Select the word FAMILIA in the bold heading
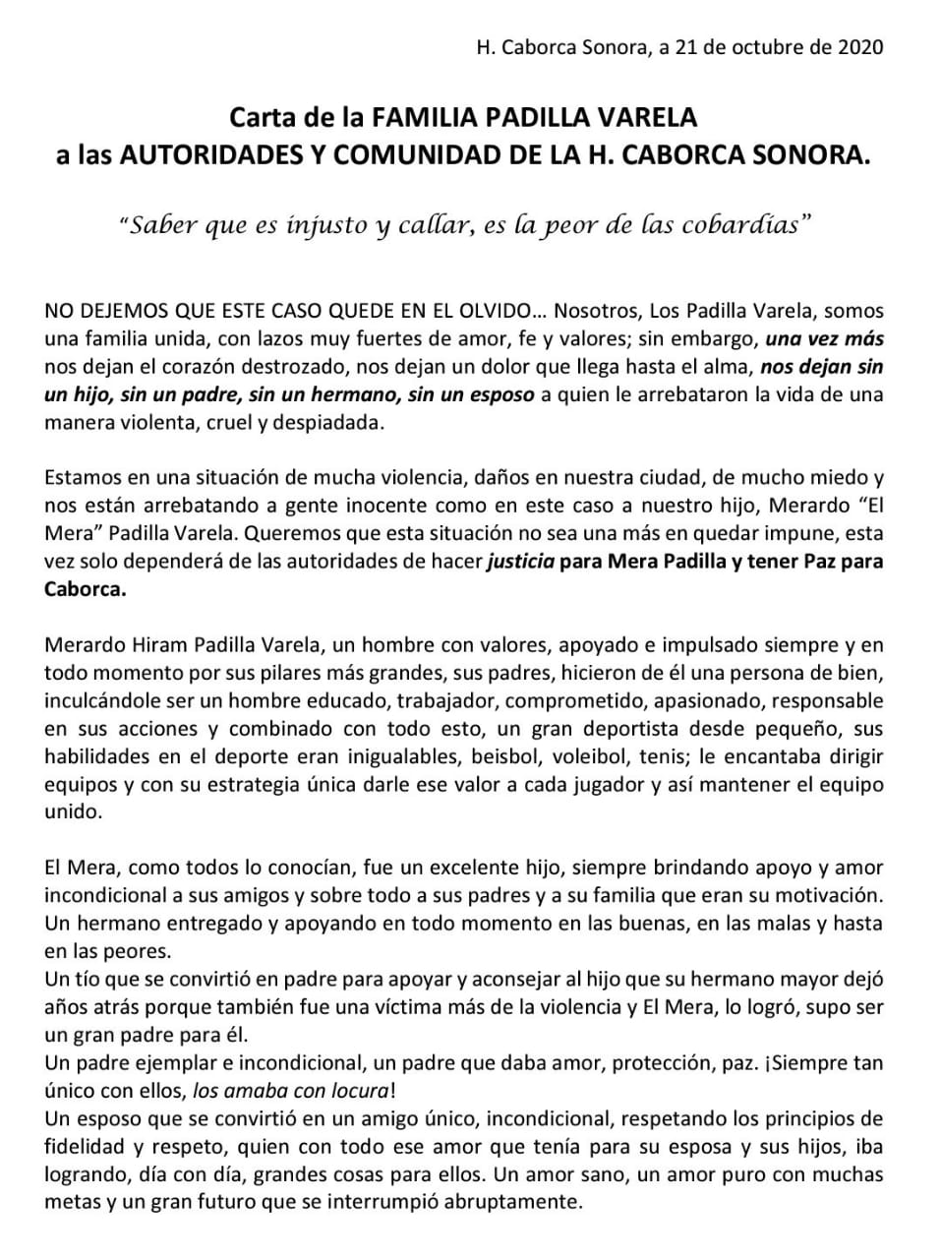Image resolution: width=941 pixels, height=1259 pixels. pyautogui.click(x=423, y=118)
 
